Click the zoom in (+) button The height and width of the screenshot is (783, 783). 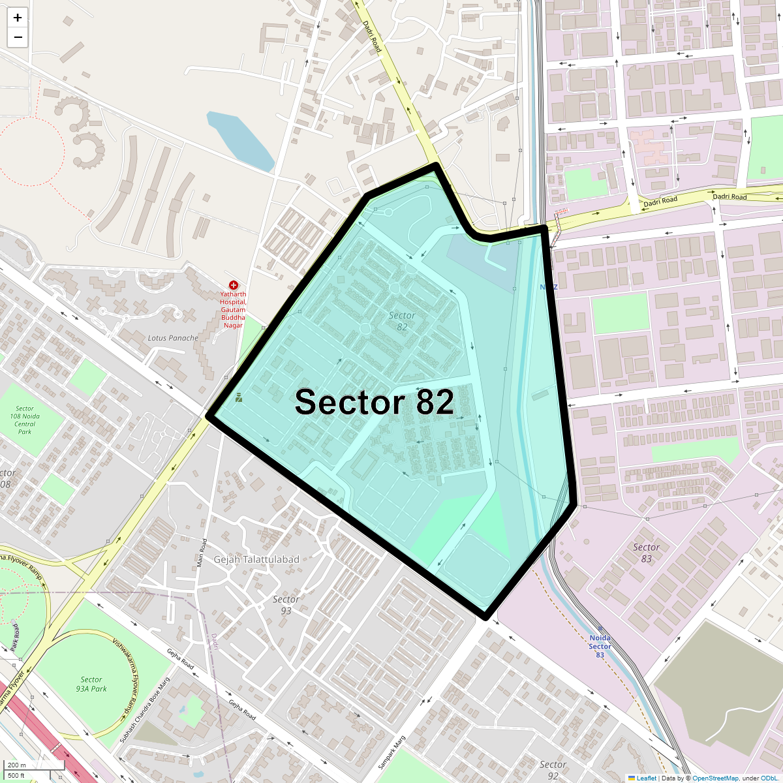(x=18, y=18)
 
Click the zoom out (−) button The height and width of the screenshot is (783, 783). (x=18, y=38)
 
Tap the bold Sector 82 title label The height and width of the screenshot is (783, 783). (x=374, y=402)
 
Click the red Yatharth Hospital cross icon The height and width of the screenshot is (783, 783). (x=234, y=285)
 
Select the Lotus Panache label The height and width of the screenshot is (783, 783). (x=173, y=338)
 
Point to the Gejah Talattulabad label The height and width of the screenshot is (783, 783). (x=256, y=559)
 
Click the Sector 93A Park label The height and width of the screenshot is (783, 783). (x=91, y=684)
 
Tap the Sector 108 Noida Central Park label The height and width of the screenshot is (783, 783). (x=25, y=420)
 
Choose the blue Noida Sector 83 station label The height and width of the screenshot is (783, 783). (x=600, y=646)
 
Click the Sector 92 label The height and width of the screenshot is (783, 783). (x=553, y=769)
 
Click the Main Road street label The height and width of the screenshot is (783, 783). (x=202, y=553)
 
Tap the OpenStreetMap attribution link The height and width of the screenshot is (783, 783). (x=715, y=778)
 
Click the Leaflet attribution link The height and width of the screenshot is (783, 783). (x=646, y=778)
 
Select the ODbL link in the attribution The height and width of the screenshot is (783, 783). (x=769, y=778)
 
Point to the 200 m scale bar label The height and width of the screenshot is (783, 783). (x=17, y=765)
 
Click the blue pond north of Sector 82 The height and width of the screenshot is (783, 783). (x=239, y=140)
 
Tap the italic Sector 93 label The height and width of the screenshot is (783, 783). (x=286, y=605)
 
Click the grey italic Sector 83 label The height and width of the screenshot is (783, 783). (x=646, y=553)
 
